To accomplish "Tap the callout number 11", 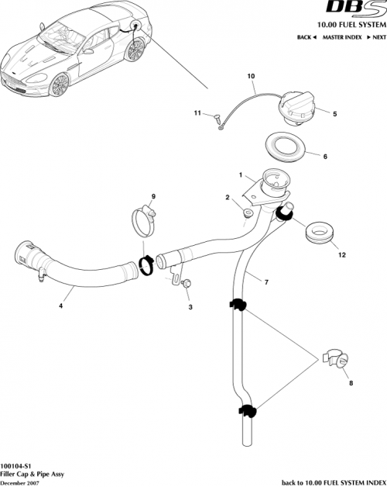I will pyautogui.click(x=197, y=113).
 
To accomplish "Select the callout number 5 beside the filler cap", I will pyautogui.click(x=334, y=114).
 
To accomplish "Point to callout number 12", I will pyautogui.click(x=339, y=253).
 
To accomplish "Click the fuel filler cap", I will pyautogui.click(x=298, y=107).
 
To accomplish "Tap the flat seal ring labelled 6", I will pyautogui.click(x=289, y=146).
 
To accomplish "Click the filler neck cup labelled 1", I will pyautogui.click(x=272, y=184).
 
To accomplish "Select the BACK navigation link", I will pyautogui.click(x=307, y=37).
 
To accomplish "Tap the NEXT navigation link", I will pyautogui.click(x=378, y=37).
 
